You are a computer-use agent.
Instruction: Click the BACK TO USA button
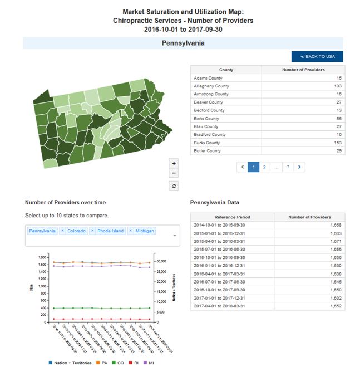[317, 56]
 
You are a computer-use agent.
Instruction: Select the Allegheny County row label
[211, 86]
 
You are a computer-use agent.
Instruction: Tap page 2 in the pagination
[264, 167]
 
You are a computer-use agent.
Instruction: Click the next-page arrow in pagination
[299, 167]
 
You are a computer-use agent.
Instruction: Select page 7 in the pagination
[288, 167]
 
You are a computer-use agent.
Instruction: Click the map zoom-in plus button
[174, 163]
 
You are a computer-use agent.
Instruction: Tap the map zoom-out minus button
[174, 173]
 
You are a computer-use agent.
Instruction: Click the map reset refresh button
[174, 186]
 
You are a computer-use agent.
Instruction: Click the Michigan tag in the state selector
[145, 231]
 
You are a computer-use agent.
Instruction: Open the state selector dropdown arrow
[175, 236]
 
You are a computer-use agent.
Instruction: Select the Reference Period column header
[232, 217]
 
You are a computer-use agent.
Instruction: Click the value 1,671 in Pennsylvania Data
[335, 241]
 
